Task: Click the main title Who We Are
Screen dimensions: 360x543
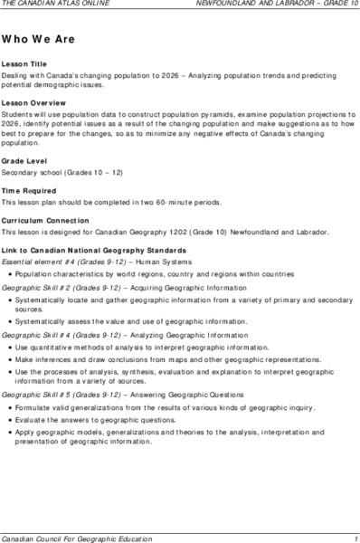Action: click(x=35, y=41)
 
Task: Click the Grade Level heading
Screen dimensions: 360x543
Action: click(x=24, y=159)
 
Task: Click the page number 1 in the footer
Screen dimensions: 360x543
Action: click(x=356, y=536)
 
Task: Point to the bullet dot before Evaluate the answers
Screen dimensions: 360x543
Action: click(x=8, y=420)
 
